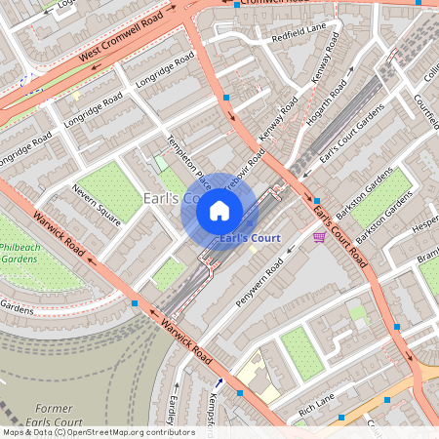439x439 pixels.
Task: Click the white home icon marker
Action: (219, 210)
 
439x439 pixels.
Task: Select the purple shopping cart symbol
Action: (319, 237)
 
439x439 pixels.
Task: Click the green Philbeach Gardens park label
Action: (18, 253)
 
